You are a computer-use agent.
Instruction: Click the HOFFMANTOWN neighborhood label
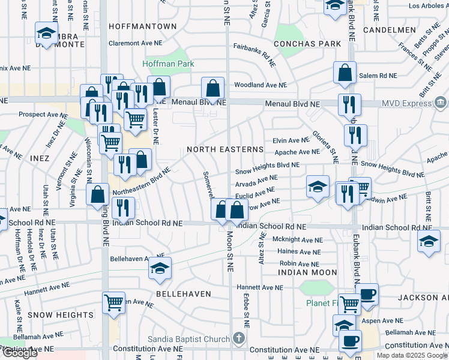click(x=143, y=27)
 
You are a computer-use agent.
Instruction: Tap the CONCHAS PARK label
click(x=307, y=44)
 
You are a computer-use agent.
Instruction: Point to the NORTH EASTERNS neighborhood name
click(x=225, y=149)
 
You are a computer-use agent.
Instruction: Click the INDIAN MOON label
click(x=307, y=272)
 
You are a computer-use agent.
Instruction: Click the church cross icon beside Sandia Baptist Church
click(x=239, y=339)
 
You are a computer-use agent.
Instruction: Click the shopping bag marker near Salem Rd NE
click(x=345, y=73)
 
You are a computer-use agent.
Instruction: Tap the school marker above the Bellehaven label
click(x=160, y=269)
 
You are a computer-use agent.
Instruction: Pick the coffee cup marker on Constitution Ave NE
click(x=351, y=341)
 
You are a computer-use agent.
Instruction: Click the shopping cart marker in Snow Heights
click(x=113, y=302)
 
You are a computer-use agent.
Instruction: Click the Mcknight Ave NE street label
click(x=298, y=240)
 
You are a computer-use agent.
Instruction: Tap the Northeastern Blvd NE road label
click(x=142, y=181)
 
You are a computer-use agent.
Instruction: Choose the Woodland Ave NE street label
click(x=258, y=85)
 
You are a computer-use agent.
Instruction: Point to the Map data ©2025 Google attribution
click(x=411, y=355)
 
